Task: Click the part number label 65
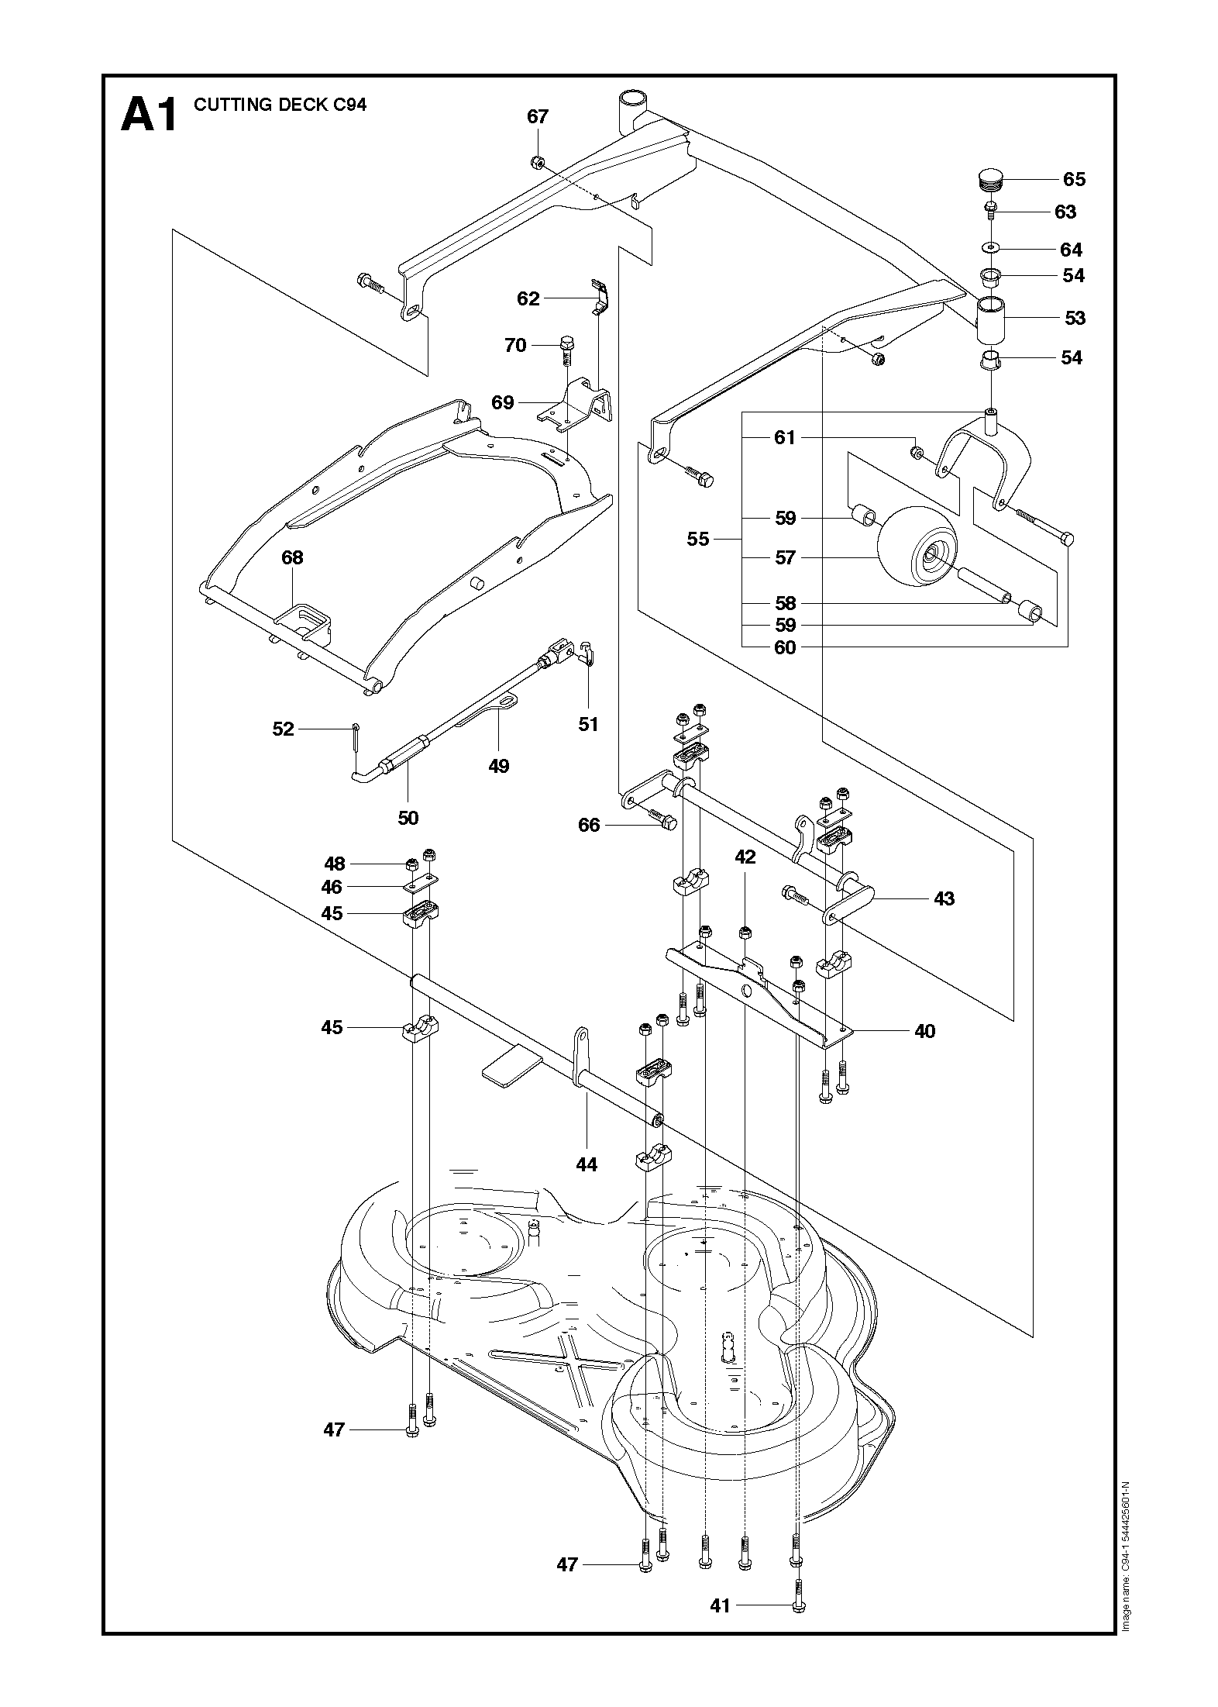1074,179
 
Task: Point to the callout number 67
538,117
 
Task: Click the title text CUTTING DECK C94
280,105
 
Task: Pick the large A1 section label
149,116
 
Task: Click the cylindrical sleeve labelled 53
989,319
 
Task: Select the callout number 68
292,557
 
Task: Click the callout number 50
408,818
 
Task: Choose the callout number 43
944,899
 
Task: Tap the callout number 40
924,1031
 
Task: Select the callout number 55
698,539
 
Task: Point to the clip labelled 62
601,298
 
